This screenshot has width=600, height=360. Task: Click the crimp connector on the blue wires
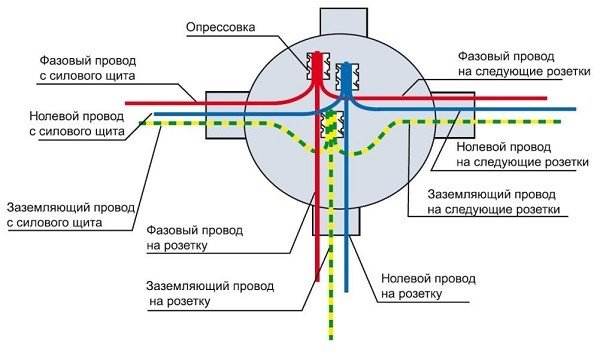coord(346,75)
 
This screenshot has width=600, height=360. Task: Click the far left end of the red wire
coord(128,101)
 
